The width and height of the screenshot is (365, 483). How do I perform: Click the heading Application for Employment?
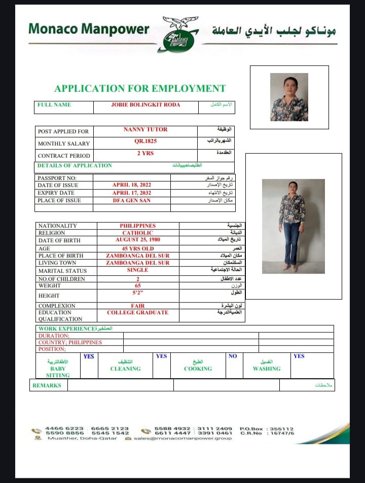(140, 88)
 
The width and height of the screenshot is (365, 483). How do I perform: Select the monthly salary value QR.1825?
(145, 142)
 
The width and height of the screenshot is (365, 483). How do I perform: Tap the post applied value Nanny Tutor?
(145, 130)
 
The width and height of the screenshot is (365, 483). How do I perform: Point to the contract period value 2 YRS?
(145, 154)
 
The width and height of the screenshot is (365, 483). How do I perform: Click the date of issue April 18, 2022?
(132, 185)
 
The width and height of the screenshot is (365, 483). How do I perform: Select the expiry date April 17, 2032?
(132, 193)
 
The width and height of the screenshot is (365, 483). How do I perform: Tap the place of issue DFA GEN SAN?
(132, 200)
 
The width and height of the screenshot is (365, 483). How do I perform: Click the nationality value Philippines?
(138, 226)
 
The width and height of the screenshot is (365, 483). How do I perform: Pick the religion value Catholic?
(138, 233)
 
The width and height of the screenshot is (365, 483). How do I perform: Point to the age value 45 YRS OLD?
(138, 248)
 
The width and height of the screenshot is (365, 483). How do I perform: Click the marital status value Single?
(138, 270)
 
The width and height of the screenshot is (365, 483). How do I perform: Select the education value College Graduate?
(138, 313)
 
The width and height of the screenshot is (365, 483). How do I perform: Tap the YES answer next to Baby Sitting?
(89, 356)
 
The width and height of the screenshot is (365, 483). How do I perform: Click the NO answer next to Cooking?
(233, 356)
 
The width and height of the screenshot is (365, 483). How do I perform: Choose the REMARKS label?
(47, 385)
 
